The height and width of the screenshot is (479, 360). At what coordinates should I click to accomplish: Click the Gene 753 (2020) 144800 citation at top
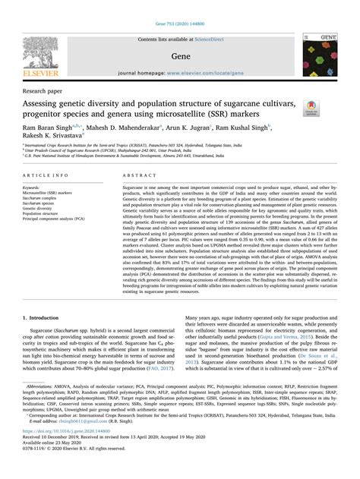tap(180, 5)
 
